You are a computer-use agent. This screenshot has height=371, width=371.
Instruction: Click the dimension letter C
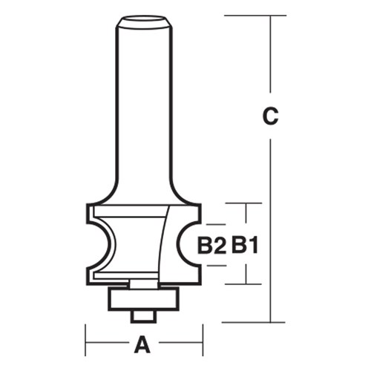tap(271, 116)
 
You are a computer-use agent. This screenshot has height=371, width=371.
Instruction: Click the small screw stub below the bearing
tap(142, 315)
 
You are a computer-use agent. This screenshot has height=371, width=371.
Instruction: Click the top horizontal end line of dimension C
tap(252, 15)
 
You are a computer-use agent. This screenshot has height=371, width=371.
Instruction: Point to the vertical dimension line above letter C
tap(271, 59)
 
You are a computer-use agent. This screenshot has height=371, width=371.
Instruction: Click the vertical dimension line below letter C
tap(271, 223)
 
